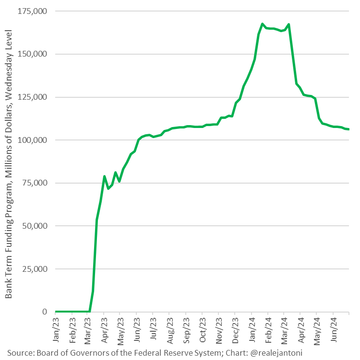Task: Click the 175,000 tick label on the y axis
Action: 33,11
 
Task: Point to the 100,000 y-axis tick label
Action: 33,140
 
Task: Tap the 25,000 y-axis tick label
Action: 35,269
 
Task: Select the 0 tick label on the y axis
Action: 44,312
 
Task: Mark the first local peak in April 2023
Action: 104,176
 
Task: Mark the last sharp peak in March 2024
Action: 288,24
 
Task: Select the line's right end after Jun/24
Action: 349,129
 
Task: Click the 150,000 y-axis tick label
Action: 33,54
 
